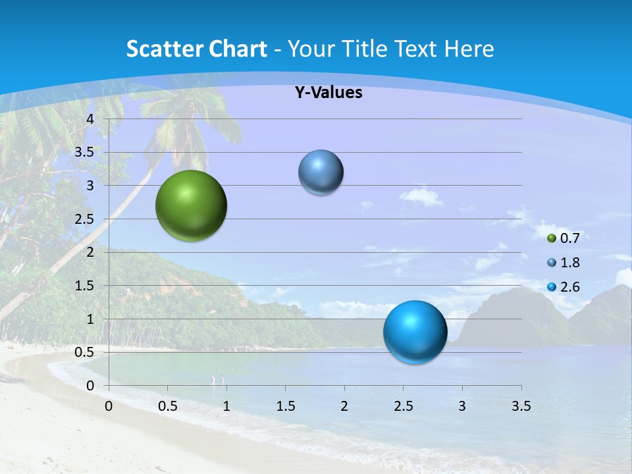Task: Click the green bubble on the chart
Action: (x=191, y=205)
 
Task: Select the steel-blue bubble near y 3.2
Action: (x=321, y=172)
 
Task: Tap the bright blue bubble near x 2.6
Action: (x=415, y=332)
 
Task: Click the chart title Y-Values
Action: (x=328, y=93)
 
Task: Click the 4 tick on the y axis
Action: (x=90, y=119)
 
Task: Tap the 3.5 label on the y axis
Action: (x=85, y=152)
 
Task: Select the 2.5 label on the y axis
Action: (x=85, y=219)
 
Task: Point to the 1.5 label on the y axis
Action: (x=85, y=286)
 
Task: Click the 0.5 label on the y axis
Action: (x=85, y=352)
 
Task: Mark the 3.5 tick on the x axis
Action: (x=521, y=406)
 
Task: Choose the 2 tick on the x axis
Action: (x=344, y=406)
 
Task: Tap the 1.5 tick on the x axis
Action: (x=285, y=406)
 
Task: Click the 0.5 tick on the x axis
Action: (x=168, y=406)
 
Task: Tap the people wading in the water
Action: (x=218, y=379)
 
